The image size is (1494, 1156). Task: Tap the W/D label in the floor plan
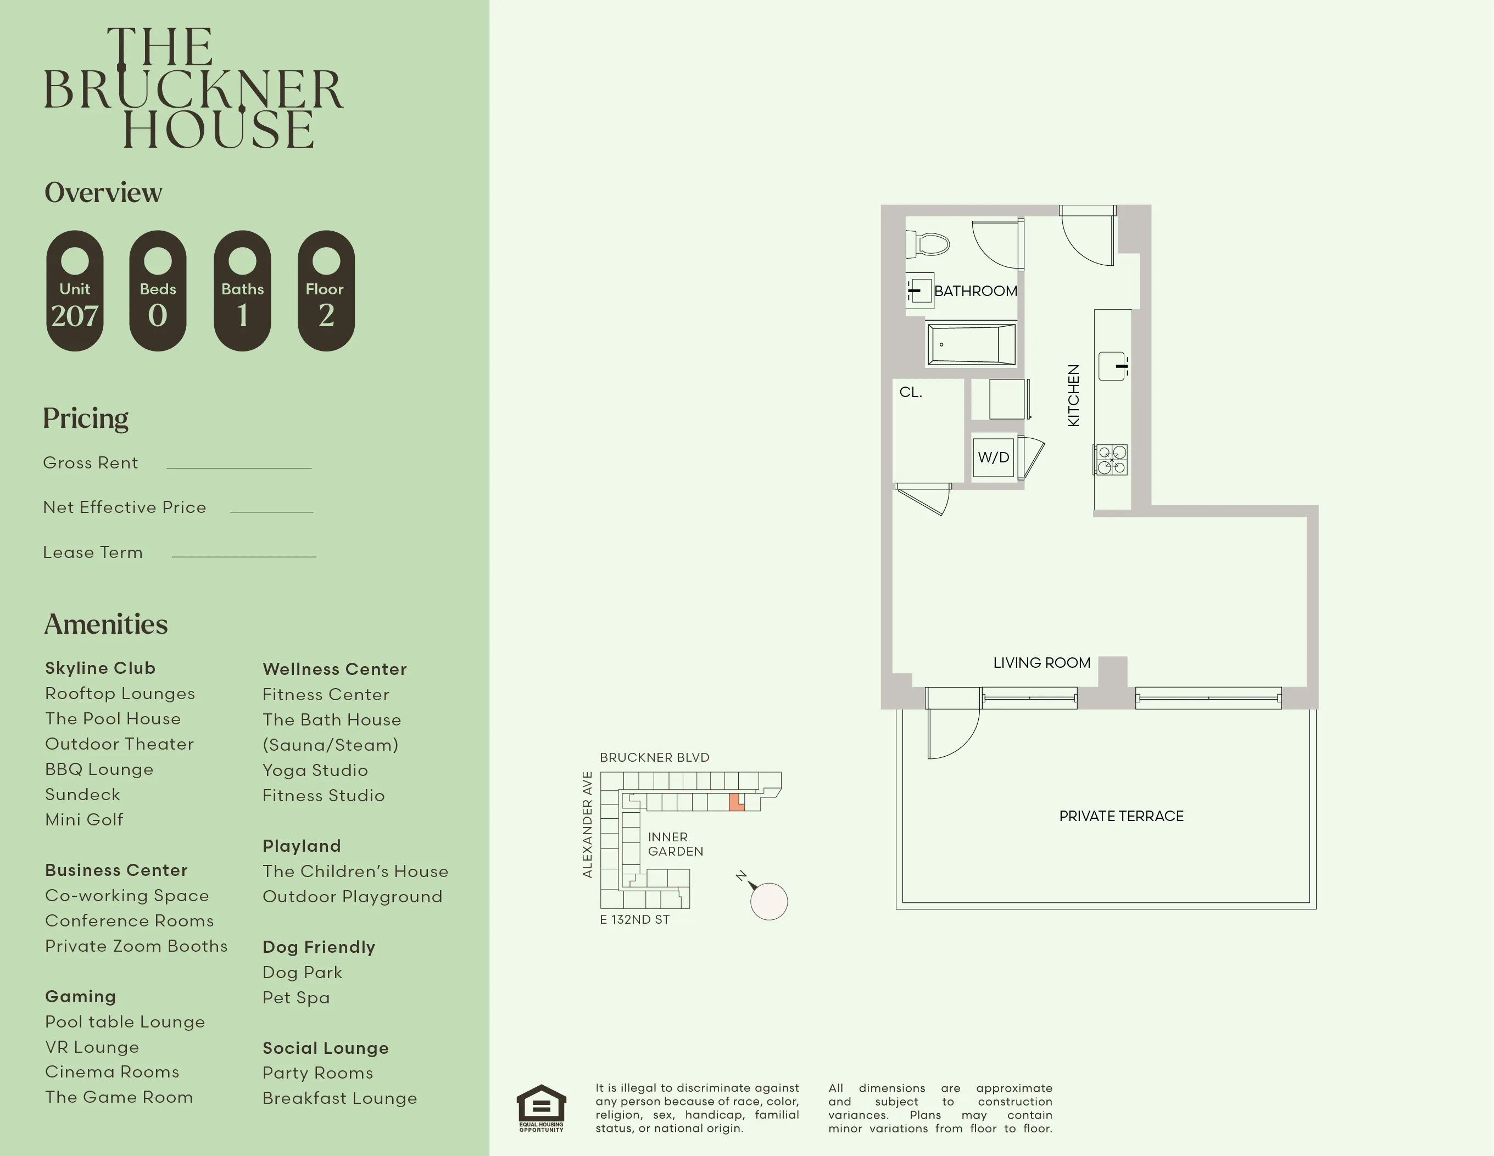point(993,457)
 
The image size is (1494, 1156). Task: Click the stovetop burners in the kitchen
point(1111,460)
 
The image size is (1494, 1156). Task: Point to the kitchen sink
point(1112,366)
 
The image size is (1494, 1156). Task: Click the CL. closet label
point(911,393)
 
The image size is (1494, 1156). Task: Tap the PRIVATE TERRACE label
point(1121,816)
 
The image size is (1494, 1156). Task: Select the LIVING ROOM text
point(1041,663)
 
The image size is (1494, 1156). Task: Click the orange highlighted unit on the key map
point(736,802)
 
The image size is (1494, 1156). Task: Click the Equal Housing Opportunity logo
point(541,1108)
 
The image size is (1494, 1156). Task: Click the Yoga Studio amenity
point(315,770)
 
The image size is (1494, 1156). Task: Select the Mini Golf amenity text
point(84,819)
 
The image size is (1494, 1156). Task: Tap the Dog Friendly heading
point(319,947)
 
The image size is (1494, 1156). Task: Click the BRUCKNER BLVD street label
point(655,757)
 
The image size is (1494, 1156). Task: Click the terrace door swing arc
point(954,735)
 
